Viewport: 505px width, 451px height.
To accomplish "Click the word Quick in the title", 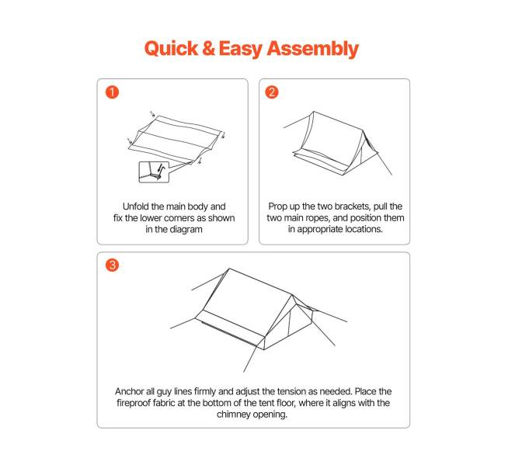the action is pyautogui.click(x=171, y=49).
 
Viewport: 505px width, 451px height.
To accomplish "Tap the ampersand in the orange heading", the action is pyautogui.click(x=208, y=48).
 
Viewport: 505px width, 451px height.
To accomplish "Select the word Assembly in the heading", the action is pyautogui.click(x=313, y=49).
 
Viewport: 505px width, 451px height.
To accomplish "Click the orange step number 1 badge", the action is pyautogui.click(x=112, y=92).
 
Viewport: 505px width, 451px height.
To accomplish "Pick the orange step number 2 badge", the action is pyautogui.click(x=271, y=92).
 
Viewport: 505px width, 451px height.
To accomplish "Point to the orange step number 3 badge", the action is pyautogui.click(x=112, y=265).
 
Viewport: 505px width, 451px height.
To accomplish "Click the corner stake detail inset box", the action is pyautogui.click(x=154, y=172).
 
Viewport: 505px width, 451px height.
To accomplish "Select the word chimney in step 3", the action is pyautogui.click(x=234, y=415).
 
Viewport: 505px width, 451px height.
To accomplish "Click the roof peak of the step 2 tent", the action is pyautogui.click(x=314, y=112).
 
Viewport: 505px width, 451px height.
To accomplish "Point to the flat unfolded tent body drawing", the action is pyautogui.click(x=176, y=139).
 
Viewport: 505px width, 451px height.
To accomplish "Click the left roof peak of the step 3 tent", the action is pyautogui.click(x=229, y=269).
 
